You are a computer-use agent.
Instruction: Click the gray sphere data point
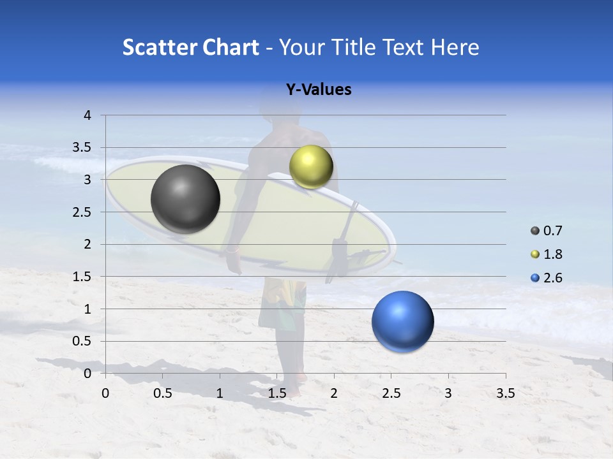(x=185, y=199)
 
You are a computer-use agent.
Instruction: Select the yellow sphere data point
(x=311, y=166)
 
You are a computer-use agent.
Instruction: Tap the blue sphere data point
(x=402, y=321)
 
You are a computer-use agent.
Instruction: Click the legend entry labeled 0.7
(x=547, y=231)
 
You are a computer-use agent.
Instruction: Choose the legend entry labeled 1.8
(x=547, y=254)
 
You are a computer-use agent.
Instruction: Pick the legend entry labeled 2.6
(x=547, y=278)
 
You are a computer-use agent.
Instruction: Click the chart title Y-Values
(x=318, y=90)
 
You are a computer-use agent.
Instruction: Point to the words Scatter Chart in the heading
(x=190, y=47)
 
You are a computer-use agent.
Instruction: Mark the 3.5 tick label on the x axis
(x=505, y=393)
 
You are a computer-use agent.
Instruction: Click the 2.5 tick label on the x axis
(x=391, y=393)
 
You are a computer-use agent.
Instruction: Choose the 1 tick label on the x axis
(x=220, y=393)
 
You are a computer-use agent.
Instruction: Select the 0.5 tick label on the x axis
(x=163, y=393)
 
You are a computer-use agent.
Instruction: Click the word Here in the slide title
(x=455, y=47)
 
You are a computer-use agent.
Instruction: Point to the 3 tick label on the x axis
(x=448, y=393)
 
